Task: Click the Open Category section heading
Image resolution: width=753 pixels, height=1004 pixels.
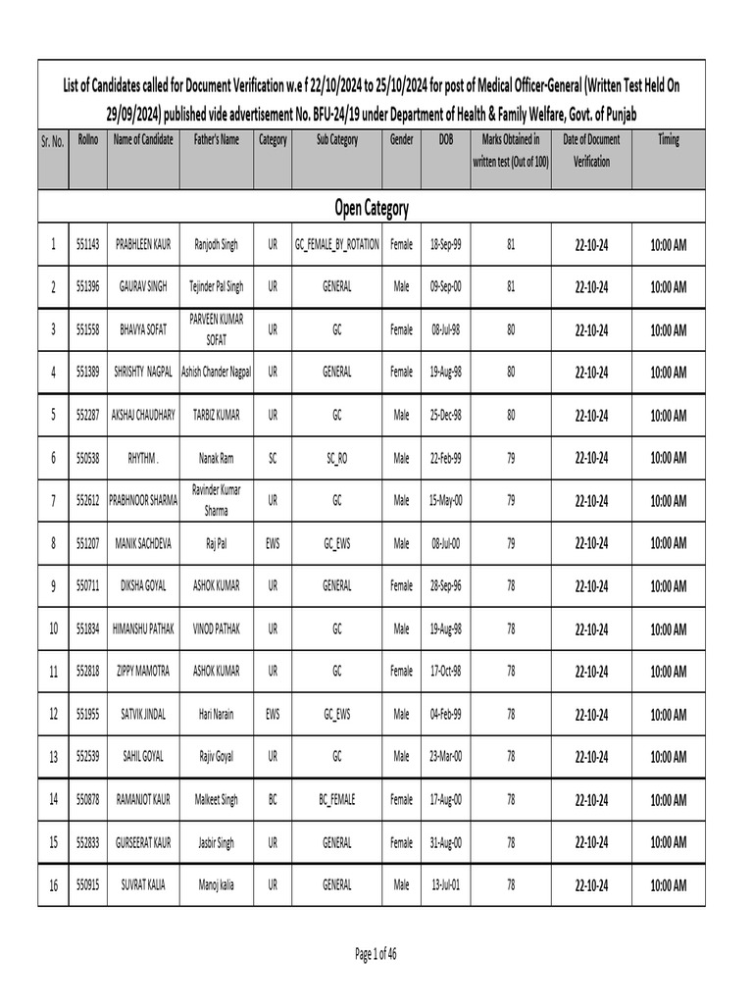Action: (x=371, y=208)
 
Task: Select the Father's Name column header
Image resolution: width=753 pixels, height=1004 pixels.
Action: (x=217, y=140)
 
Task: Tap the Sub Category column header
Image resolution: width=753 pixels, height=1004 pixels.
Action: (x=336, y=140)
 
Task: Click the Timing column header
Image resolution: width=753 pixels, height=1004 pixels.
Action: (x=668, y=140)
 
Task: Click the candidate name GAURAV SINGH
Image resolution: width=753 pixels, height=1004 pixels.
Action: (x=143, y=286)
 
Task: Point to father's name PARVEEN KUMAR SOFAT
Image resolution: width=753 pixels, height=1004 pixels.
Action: (x=217, y=329)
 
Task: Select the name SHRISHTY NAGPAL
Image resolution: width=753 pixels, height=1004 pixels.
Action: (x=143, y=373)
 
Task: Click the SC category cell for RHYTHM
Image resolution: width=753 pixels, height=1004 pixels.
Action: (x=273, y=458)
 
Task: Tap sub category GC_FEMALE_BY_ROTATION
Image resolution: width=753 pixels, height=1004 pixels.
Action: (x=336, y=244)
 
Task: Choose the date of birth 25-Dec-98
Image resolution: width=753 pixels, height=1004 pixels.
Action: (x=447, y=415)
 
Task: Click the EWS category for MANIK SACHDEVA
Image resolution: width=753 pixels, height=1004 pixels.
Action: (x=273, y=543)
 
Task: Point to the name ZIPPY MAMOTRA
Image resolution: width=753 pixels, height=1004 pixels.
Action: (x=143, y=672)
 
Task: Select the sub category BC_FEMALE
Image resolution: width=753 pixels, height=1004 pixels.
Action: (x=336, y=800)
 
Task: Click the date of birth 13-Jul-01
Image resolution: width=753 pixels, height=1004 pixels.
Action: (x=447, y=885)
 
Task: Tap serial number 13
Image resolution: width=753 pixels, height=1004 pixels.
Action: (x=53, y=757)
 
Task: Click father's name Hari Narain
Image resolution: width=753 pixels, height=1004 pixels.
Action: (x=217, y=715)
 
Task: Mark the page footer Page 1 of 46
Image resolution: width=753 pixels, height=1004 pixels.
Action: (x=376, y=953)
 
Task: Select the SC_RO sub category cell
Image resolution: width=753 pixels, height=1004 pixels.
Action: (x=336, y=458)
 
